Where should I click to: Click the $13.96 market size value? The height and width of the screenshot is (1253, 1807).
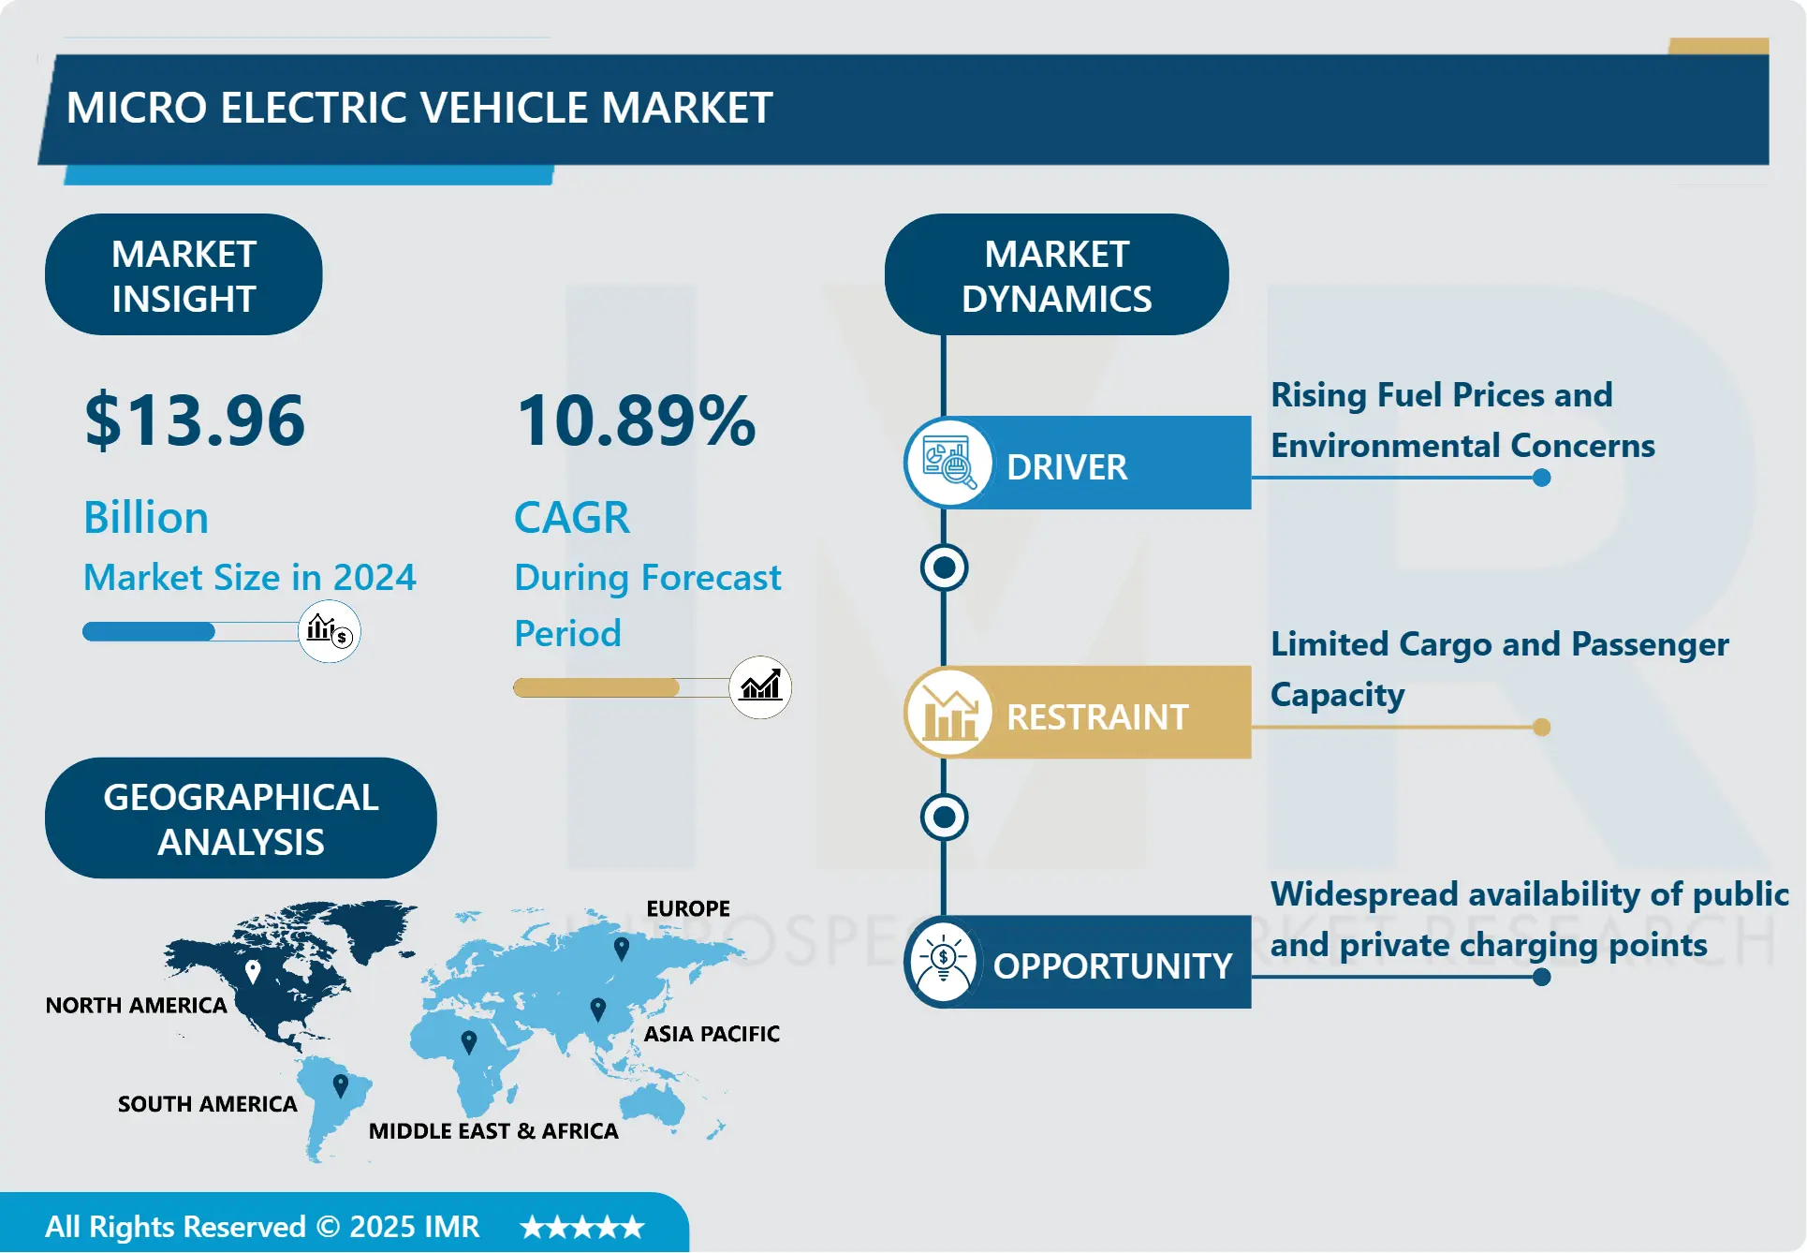[x=195, y=420]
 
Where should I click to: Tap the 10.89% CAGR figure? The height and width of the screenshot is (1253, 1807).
[x=636, y=420]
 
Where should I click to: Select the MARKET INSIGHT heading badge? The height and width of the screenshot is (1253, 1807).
[x=184, y=275]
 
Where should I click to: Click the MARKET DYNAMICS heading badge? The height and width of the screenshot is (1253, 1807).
[x=1056, y=275]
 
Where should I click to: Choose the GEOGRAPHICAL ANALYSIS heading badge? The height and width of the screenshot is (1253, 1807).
[x=241, y=818]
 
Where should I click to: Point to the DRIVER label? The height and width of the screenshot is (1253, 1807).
[x=1066, y=466]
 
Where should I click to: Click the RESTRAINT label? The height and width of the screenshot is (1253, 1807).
[x=1096, y=716]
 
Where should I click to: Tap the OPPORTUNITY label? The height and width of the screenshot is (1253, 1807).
[x=1112, y=966]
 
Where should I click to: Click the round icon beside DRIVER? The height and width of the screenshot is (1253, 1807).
[x=948, y=463]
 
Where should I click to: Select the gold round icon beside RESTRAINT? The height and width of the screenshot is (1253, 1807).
[x=948, y=714]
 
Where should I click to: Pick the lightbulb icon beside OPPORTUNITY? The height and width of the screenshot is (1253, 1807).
[x=943, y=962]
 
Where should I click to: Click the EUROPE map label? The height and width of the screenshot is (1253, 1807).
[x=688, y=908]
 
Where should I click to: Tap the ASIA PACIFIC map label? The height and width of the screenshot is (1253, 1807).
[x=712, y=1034]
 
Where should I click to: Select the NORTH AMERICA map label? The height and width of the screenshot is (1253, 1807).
[x=137, y=1005]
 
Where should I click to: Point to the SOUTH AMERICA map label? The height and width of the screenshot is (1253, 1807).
[x=207, y=1104]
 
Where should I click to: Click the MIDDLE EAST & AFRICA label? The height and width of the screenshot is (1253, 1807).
[x=493, y=1131]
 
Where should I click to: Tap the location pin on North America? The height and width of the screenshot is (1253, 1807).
[x=253, y=970]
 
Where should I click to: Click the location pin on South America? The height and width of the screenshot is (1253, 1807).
[x=341, y=1084]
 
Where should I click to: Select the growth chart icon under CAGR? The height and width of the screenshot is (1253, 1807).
[x=760, y=687]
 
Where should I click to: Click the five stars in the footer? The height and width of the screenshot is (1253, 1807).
[x=582, y=1227]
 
